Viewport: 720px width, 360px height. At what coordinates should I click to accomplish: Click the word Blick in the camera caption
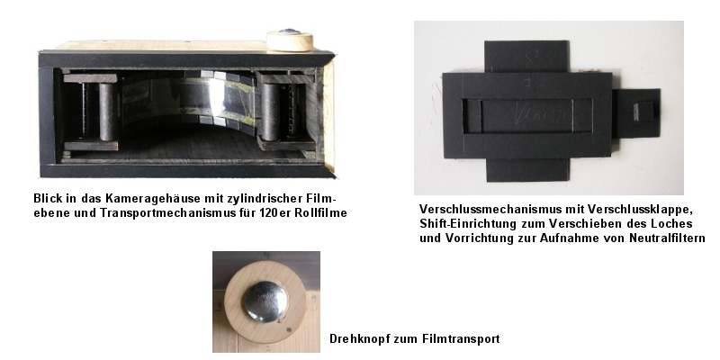pos(45,198)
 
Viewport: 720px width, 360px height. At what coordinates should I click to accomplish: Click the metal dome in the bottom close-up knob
pos(265,301)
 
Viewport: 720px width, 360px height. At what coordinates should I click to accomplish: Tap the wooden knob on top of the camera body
pos(290,40)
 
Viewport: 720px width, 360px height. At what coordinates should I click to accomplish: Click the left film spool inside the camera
pos(107,112)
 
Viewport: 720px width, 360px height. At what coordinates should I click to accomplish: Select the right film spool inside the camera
pos(269,112)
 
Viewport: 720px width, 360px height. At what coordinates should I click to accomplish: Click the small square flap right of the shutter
pos(637,113)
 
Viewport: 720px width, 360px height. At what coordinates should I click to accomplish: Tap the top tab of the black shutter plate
pos(526,57)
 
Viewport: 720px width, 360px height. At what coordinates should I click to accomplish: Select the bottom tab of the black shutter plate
pos(527,170)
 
